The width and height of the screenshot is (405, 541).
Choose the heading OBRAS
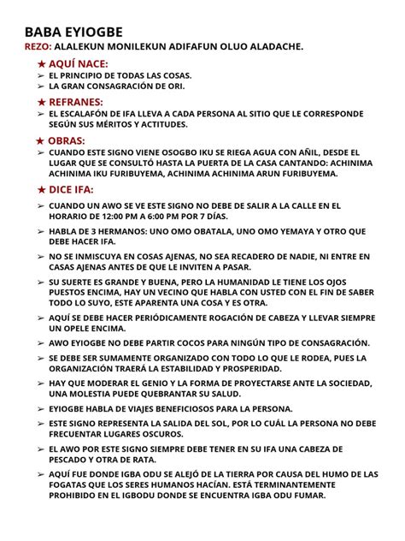pos(69,140)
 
